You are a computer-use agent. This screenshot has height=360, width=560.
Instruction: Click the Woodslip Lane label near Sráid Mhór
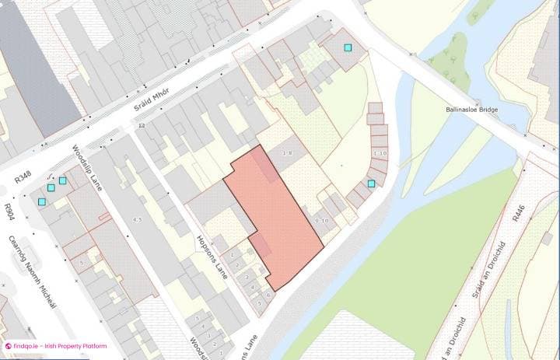point(87,167)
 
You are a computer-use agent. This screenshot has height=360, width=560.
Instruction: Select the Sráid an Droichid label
point(485,286)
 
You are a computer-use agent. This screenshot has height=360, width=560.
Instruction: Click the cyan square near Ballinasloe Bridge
point(349,47)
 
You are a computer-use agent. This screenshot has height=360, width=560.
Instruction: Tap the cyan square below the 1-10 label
point(372,183)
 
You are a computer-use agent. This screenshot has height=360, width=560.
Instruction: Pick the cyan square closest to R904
point(42,201)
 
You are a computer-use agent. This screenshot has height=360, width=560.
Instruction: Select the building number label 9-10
point(322,221)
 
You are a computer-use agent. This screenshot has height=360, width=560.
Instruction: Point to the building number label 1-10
point(380,154)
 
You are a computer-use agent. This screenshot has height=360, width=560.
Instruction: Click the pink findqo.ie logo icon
point(7,346)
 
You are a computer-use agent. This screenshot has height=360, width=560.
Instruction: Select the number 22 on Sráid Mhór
point(142,125)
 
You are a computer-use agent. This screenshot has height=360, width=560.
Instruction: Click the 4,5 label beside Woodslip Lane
point(138,220)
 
